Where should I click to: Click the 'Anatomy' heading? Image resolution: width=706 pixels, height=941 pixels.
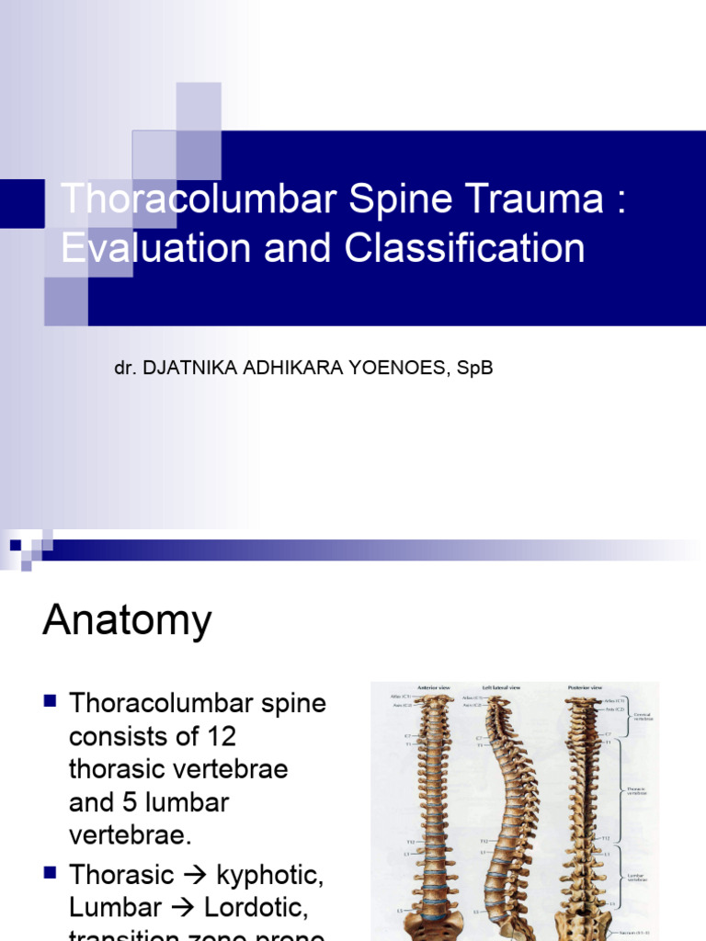pyautogui.click(x=127, y=622)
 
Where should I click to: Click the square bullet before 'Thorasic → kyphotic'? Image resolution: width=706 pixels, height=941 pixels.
pyautogui.click(x=51, y=871)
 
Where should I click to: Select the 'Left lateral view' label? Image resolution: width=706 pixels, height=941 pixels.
pyautogui.click(x=502, y=686)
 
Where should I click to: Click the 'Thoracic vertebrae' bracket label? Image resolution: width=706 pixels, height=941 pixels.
pyautogui.click(x=634, y=790)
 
